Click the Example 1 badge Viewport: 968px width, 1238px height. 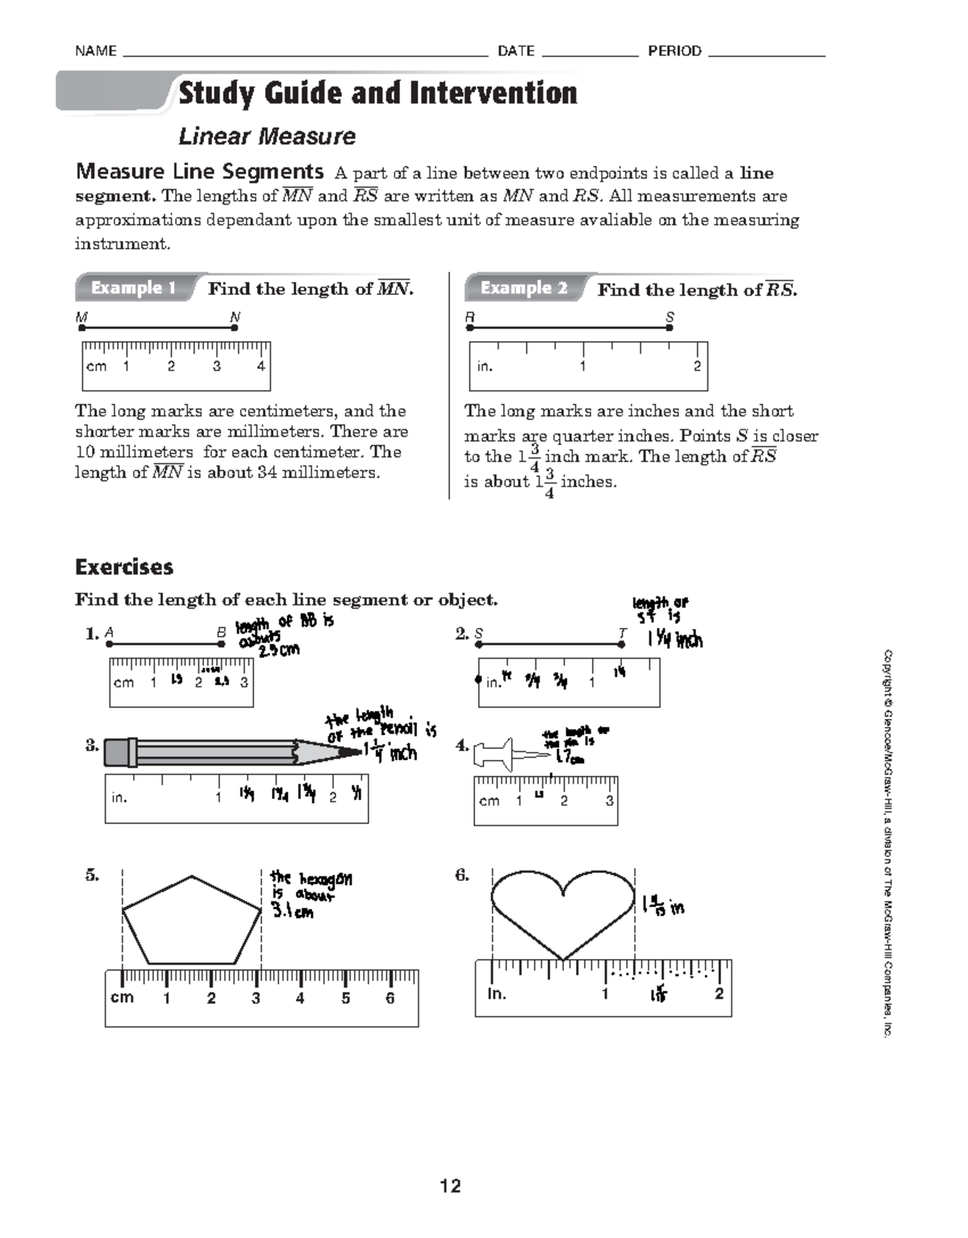point(133,288)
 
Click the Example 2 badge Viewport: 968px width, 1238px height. point(524,288)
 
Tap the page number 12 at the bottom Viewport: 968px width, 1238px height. point(450,1186)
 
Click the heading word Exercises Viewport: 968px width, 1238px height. point(124,567)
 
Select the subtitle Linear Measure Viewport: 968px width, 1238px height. point(267,136)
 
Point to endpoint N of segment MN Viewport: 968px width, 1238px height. point(234,328)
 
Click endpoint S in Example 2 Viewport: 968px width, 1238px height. point(669,328)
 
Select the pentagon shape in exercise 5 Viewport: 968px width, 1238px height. point(192,921)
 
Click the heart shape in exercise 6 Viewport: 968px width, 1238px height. point(563,911)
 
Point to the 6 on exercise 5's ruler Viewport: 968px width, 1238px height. point(390,999)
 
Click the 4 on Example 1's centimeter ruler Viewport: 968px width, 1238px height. point(261,366)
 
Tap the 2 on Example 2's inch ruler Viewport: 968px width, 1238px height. point(697,366)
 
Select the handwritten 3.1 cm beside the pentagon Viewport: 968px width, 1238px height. point(293,912)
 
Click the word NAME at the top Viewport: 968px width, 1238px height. point(96,51)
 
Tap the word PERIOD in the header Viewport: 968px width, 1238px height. point(674,51)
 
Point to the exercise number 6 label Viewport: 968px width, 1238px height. point(462,874)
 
